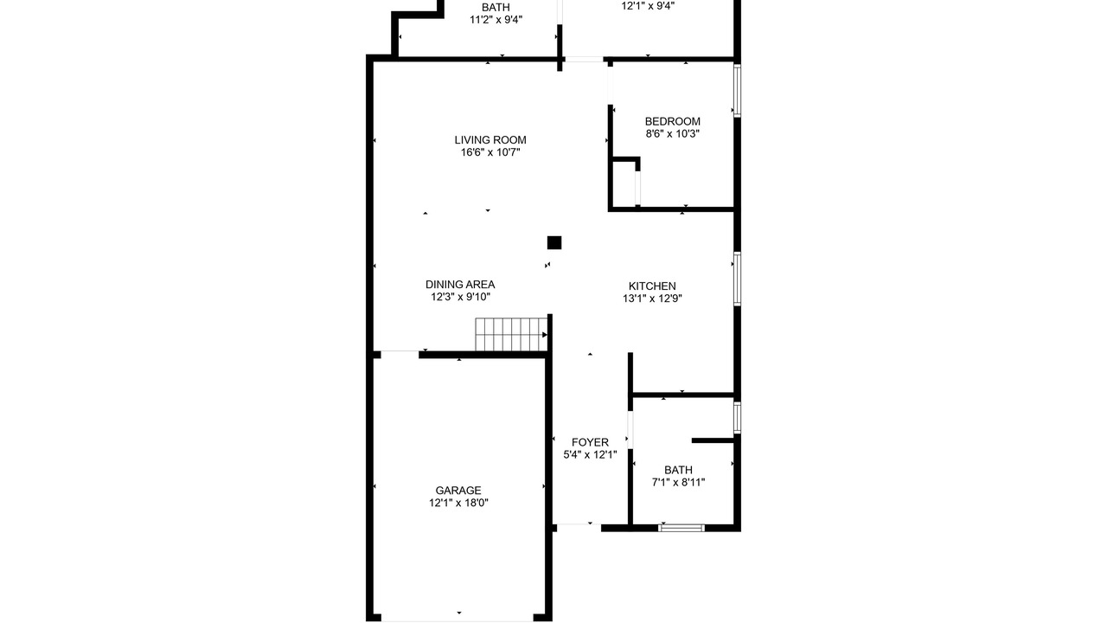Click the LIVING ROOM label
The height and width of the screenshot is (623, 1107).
pyautogui.click(x=490, y=140)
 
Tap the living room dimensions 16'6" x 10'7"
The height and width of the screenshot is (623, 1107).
pyautogui.click(x=490, y=152)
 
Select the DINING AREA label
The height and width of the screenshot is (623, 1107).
pyautogui.click(x=460, y=285)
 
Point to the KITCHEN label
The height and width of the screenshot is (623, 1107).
pyautogui.click(x=652, y=286)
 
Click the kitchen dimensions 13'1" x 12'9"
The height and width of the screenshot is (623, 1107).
pyautogui.click(x=652, y=299)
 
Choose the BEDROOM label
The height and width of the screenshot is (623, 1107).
pyautogui.click(x=672, y=121)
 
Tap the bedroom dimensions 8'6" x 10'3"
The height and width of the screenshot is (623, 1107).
pyautogui.click(x=673, y=133)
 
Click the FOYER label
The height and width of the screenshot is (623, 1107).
pyautogui.click(x=590, y=442)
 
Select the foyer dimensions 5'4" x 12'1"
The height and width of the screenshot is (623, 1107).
pyautogui.click(x=590, y=454)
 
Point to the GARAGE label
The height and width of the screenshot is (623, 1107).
pyautogui.click(x=458, y=491)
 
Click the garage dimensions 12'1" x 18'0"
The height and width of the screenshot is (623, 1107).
pyautogui.click(x=458, y=503)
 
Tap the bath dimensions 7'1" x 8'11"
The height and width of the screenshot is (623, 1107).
pyautogui.click(x=678, y=482)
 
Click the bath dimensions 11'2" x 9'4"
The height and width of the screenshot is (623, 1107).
pyautogui.click(x=496, y=20)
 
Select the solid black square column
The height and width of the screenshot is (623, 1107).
pyautogui.click(x=554, y=243)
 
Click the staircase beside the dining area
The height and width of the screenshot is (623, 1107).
pyautogui.click(x=511, y=334)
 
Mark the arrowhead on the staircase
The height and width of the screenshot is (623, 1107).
pyautogui.click(x=545, y=335)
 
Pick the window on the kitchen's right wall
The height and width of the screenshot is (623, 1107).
pyautogui.click(x=737, y=279)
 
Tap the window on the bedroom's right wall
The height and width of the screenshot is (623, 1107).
pyautogui.click(x=737, y=91)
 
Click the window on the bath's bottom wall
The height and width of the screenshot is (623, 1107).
pyautogui.click(x=682, y=528)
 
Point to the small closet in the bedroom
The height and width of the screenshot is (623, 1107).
pyautogui.click(x=624, y=183)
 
